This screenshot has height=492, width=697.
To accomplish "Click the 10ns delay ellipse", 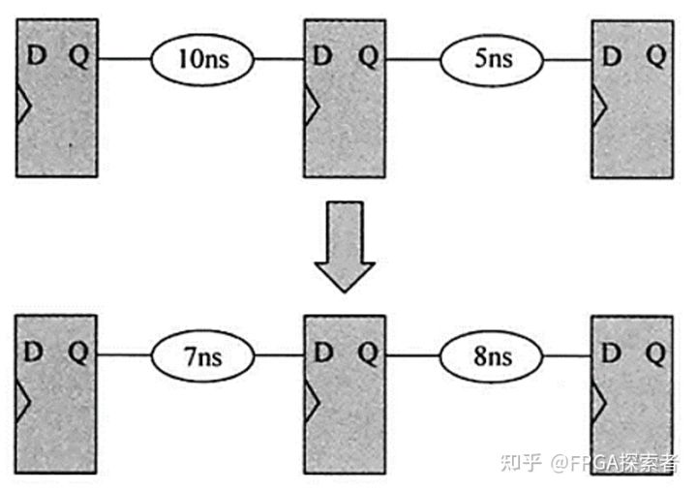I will pyautogui.click(x=201, y=58).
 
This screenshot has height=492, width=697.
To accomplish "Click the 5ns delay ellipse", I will pyautogui.click(x=490, y=58).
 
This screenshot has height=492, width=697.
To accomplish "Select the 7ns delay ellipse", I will pyautogui.click(x=201, y=357).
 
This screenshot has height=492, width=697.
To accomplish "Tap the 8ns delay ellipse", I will pyautogui.click(x=490, y=357).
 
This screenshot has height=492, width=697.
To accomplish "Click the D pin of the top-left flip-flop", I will pyautogui.click(x=35, y=56).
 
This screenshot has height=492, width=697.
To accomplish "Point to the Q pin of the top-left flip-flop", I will pyautogui.click(x=79, y=56).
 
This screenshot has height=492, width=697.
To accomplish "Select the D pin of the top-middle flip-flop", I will pyautogui.click(x=323, y=56).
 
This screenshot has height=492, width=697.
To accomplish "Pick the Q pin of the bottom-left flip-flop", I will pyautogui.click(x=79, y=354).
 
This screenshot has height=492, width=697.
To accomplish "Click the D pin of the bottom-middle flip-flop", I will pyautogui.click(x=323, y=354).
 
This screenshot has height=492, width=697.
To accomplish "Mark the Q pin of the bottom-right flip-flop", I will pyautogui.click(x=656, y=354).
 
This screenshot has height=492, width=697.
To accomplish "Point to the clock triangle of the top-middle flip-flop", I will pyautogui.click(x=312, y=100).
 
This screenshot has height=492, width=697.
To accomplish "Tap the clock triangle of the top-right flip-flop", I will pyautogui.click(x=600, y=100).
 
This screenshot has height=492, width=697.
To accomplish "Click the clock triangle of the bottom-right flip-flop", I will pyautogui.click(x=600, y=398).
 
